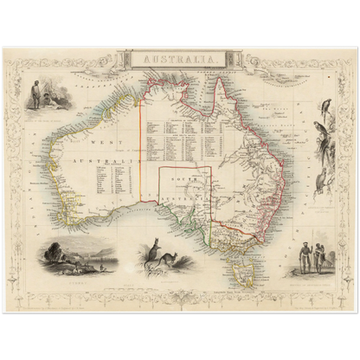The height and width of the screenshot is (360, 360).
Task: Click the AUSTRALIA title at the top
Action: pos(180,60)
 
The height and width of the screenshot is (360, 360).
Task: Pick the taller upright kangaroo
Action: pos(154,252)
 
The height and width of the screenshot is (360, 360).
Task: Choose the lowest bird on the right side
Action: pos(321,183)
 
